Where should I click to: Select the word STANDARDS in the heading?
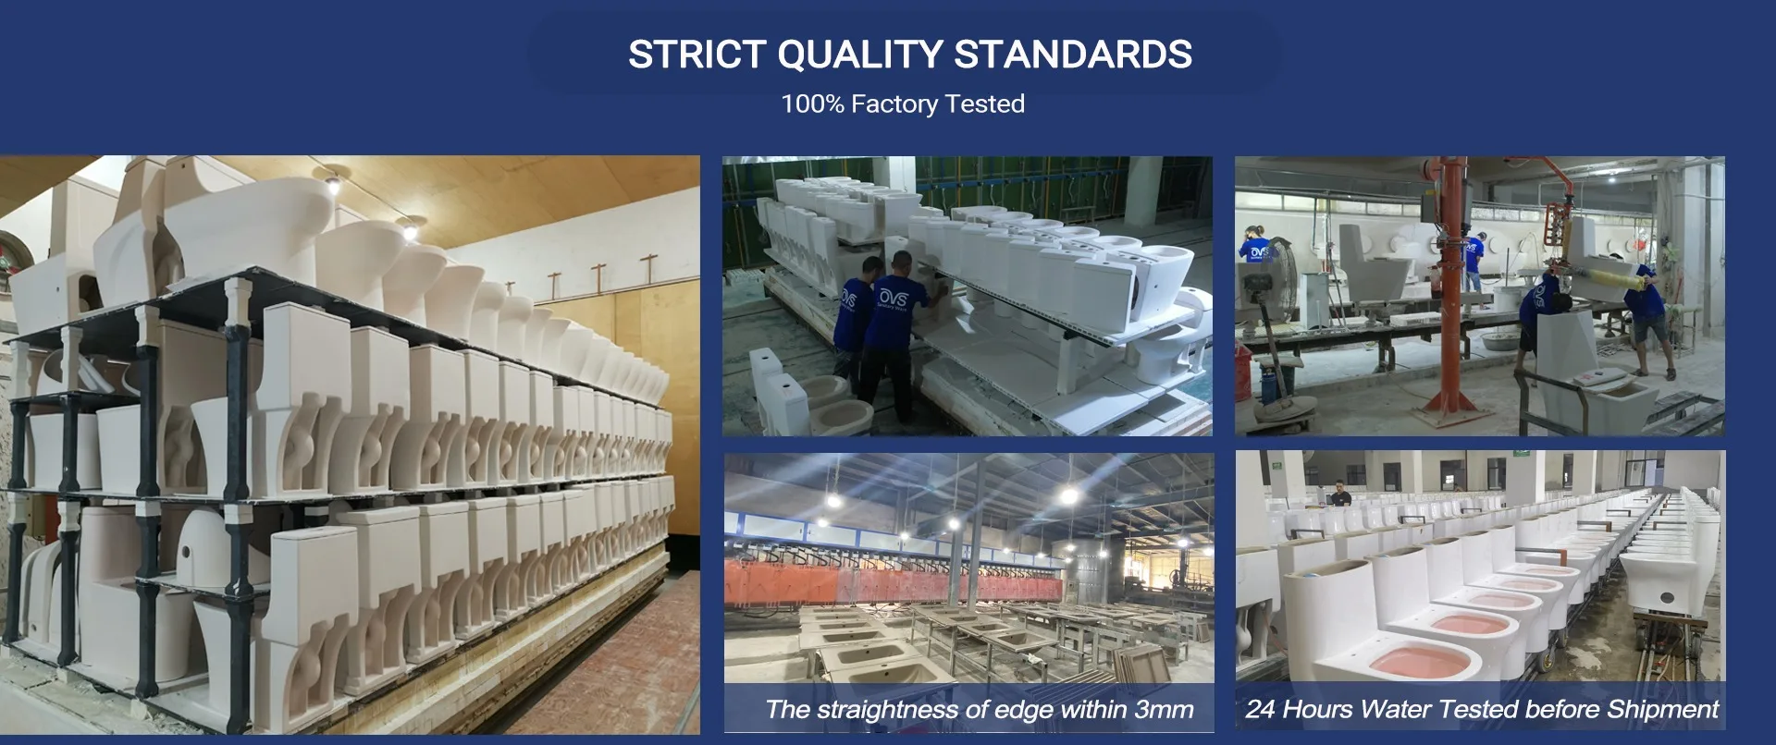[1072, 55]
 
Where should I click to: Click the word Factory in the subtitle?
[894, 104]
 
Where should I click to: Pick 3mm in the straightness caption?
[1164, 710]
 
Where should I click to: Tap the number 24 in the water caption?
[1261, 710]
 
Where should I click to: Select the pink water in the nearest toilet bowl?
[1419, 663]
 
